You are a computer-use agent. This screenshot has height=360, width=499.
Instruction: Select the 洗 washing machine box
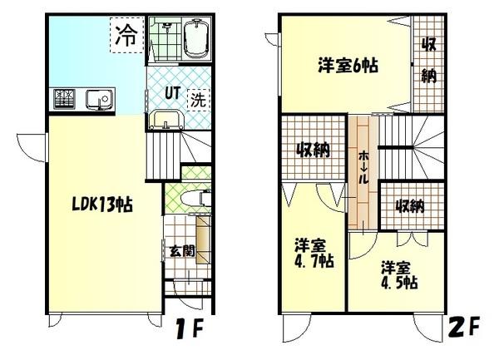click(198, 99)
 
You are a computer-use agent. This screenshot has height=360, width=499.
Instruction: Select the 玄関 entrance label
click(182, 249)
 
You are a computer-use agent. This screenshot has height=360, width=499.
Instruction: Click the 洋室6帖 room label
click(348, 65)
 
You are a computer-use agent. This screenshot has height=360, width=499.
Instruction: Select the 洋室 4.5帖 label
click(398, 275)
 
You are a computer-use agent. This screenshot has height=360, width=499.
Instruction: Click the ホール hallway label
click(363, 166)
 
